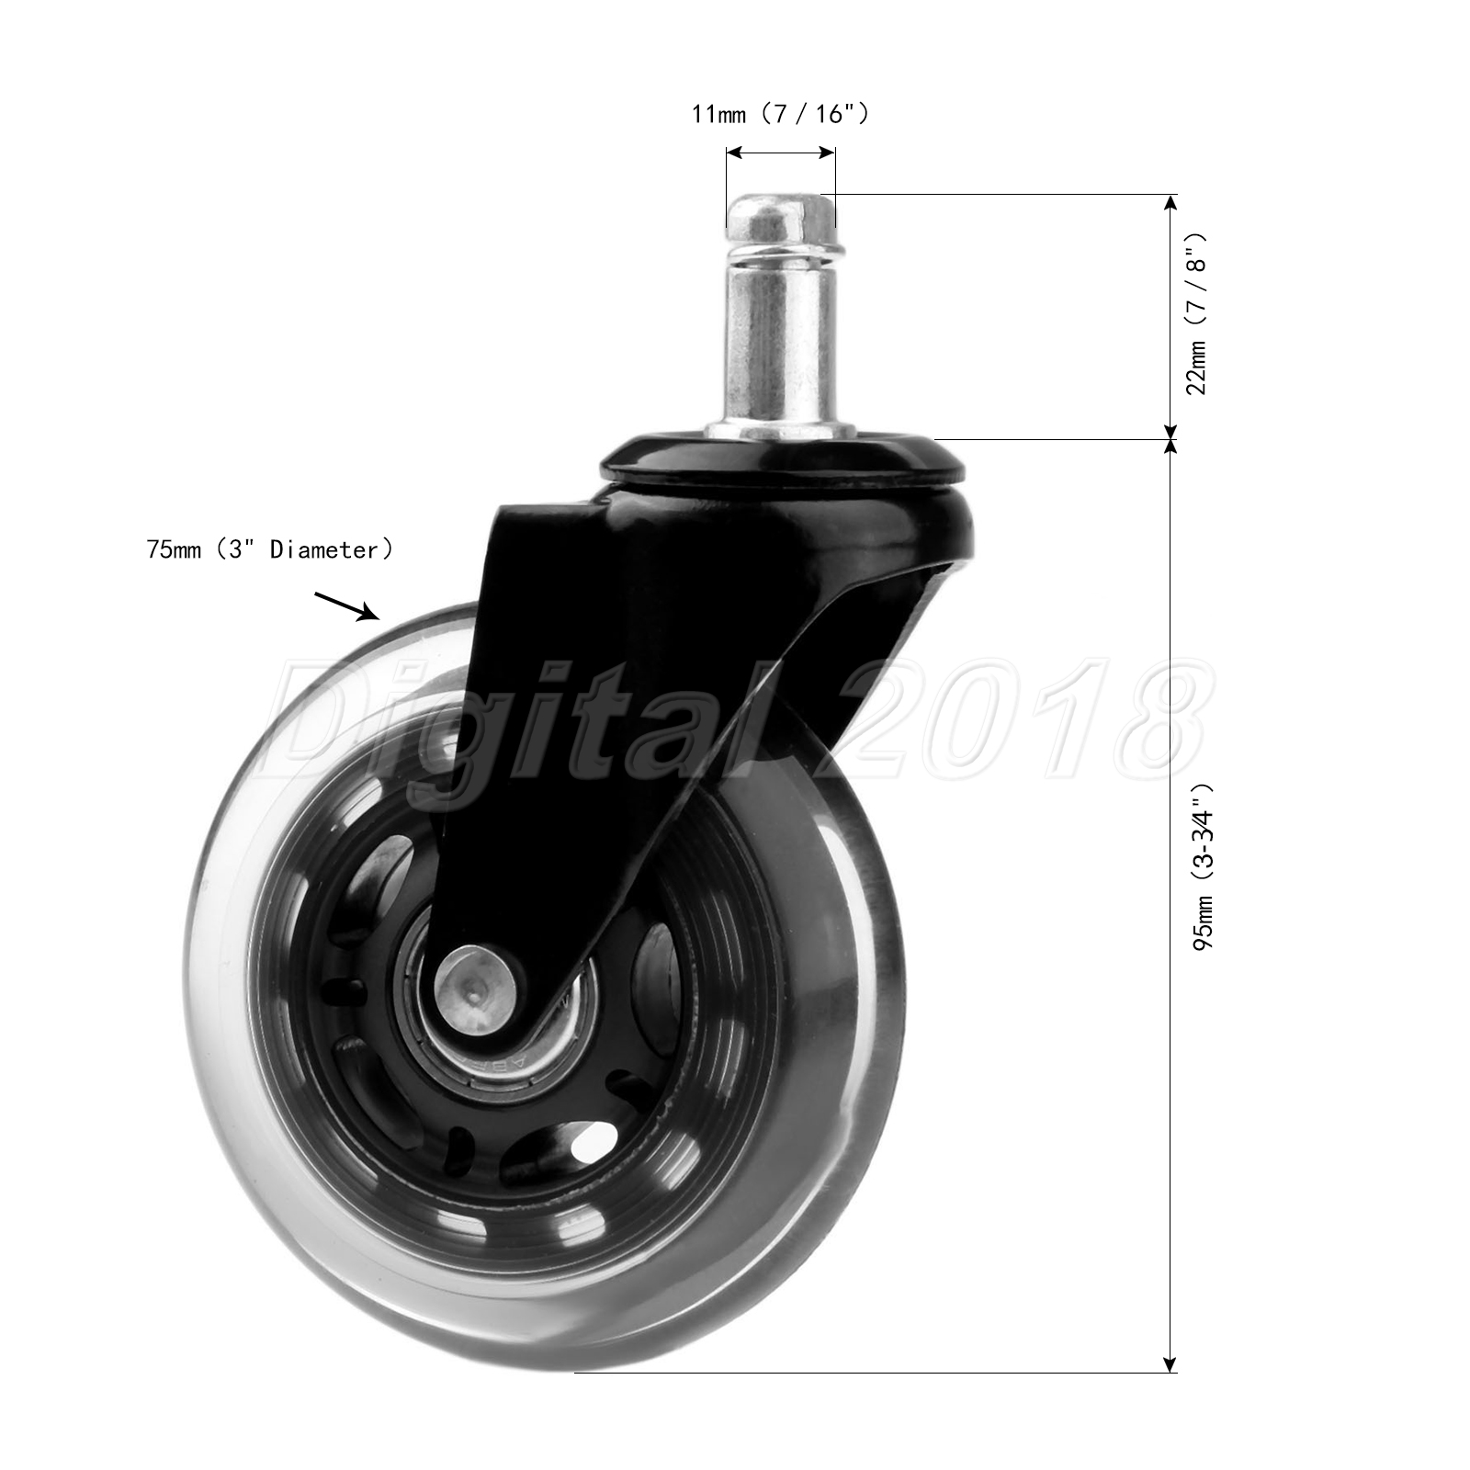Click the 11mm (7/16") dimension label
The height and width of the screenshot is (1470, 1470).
pos(780,114)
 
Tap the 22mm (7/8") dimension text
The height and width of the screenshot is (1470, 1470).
pos(1198,313)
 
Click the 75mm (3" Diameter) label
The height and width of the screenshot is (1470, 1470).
pos(270,549)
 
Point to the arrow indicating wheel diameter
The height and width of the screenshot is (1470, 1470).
pos(347,606)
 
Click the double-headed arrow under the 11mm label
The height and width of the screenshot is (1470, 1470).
pos(780,153)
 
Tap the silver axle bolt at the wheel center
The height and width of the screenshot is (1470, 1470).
pos(474,985)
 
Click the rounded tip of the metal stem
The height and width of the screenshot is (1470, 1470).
pos(779,212)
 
